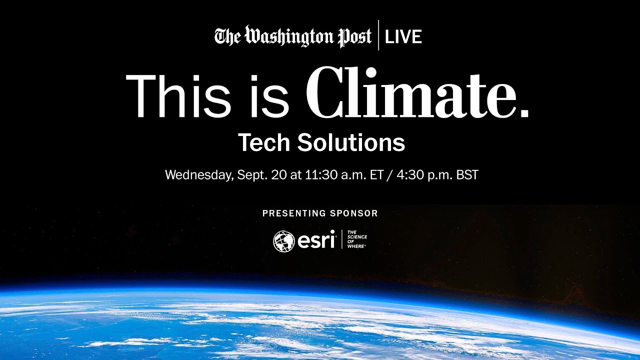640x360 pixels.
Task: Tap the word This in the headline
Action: [x=176, y=95]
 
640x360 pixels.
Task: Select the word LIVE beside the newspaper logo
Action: [x=403, y=37]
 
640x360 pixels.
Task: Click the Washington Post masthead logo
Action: [x=293, y=36]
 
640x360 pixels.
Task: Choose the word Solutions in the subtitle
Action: [x=351, y=143]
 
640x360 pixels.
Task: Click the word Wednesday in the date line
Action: [x=198, y=175]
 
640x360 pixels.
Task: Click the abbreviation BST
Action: [x=467, y=175]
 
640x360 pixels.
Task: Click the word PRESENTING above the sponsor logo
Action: [x=294, y=213]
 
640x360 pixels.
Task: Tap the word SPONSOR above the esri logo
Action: [x=354, y=213]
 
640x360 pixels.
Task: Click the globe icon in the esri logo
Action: [x=283, y=241]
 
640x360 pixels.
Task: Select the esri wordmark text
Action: [x=316, y=241]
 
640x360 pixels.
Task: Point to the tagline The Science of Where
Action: [x=356, y=240]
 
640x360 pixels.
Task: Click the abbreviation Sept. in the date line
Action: [x=248, y=175]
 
